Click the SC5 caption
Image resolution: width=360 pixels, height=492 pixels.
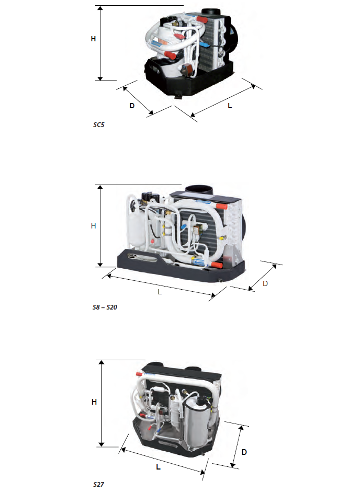coord(99,124)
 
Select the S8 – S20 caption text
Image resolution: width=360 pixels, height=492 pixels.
coord(105,307)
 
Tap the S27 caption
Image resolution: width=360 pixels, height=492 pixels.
coord(99,484)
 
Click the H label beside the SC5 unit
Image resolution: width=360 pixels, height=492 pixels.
coord(93,39)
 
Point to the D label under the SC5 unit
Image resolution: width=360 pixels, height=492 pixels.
coord(132,106)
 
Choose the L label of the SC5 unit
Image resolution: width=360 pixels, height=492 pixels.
coord(230,106)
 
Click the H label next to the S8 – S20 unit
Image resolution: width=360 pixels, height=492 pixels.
coord(93,226)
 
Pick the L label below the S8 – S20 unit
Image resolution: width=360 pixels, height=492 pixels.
coord(160,292)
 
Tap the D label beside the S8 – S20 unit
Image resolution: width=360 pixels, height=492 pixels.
coord(265,283)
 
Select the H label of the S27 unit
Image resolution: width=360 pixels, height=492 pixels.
coord(94,402)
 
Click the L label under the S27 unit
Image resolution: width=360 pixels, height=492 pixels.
coord(159,467)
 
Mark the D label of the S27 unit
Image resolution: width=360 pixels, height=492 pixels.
coord(244,452)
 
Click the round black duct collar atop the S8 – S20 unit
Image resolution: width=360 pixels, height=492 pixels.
coord(199,190)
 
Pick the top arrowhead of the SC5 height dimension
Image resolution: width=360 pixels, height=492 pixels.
coord(100,8)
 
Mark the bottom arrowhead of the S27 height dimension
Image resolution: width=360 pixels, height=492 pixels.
coord(101,444)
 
